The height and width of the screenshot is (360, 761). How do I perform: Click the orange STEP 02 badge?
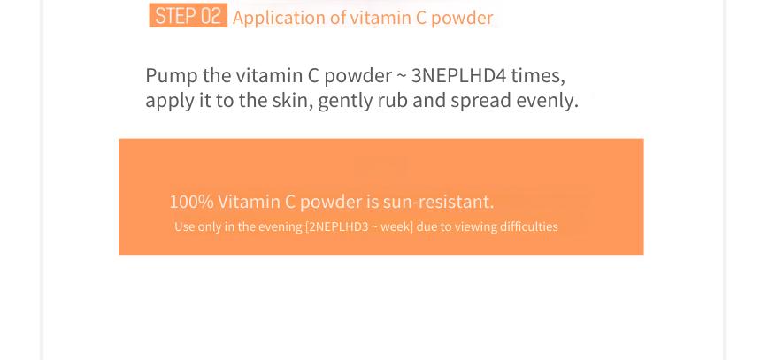188,16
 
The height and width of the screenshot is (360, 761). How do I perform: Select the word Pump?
172,76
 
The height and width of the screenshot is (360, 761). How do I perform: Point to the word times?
538,76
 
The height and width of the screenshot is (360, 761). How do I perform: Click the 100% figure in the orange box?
191,202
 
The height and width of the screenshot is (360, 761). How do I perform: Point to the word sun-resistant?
438,202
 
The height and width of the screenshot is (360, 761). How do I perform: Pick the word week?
396,226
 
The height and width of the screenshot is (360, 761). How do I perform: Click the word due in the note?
427,226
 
